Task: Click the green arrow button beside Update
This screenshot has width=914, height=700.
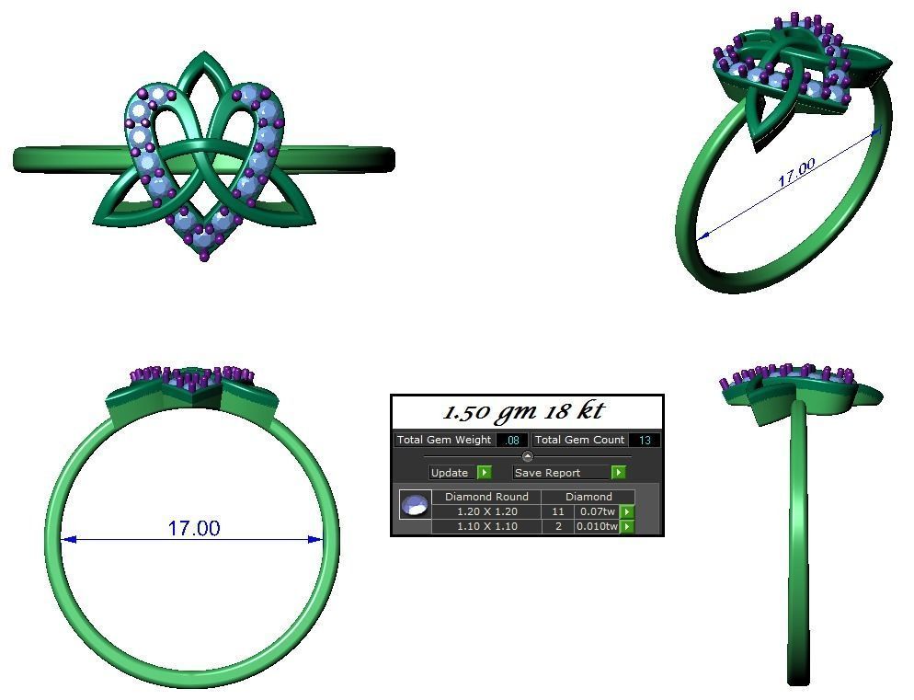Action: point(485,473)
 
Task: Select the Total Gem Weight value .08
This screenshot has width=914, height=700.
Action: point(512,441)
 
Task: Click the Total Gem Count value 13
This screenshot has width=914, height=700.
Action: point(645,441)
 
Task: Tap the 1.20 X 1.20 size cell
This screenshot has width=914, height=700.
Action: point(486,511)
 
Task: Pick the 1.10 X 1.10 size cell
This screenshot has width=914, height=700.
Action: point(486,526)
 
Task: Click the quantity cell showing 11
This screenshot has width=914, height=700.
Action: point(557,511)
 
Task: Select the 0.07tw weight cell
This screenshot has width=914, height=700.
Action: point(596,511)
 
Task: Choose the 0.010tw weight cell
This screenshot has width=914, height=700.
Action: point(596,526)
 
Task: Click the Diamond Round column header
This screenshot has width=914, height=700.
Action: point(486,497)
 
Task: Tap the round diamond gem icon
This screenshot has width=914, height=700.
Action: point(416,505)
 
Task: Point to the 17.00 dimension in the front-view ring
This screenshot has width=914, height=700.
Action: point(193,528)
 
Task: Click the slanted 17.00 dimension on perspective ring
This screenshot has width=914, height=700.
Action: point(796,173)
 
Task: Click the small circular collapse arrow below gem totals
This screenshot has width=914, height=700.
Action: point(527,457)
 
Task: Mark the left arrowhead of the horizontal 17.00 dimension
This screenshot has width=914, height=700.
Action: point(70,540)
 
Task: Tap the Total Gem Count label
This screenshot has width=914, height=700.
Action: point(579,441)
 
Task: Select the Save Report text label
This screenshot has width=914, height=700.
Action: point(547,473)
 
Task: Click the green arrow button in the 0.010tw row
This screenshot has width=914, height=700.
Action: point(627,527)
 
